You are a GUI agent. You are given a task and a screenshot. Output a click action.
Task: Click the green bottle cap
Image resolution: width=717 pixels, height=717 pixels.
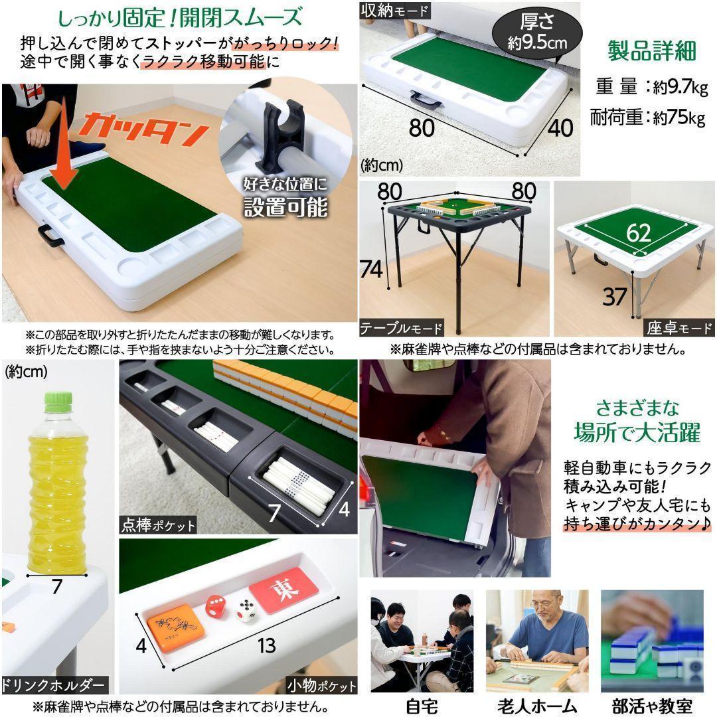pyautogui.click(x=58, y=400)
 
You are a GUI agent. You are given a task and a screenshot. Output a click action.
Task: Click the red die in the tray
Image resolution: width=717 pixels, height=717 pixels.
pyautogui.click(x=214, y=605)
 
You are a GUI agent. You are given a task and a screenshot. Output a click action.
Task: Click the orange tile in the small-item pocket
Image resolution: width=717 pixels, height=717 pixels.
pyautogui.click(x=175, y=625)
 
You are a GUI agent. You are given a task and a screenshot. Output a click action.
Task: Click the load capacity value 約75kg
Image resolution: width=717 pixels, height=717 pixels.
pyautogui.click(x=677, y=118)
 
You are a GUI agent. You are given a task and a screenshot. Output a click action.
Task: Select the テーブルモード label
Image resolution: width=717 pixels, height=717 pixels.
pyautogui.click(x=402, y=328)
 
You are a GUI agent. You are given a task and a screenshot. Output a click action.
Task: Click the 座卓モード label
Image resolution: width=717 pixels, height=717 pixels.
pyautogui.click(x=678, y=328)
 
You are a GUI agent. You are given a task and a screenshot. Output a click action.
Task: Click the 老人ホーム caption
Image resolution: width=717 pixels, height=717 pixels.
pyautogui.click(x=536, y=706)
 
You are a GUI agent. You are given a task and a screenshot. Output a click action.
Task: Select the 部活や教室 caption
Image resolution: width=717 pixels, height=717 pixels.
pyautogui.click(x=651, y=706)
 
